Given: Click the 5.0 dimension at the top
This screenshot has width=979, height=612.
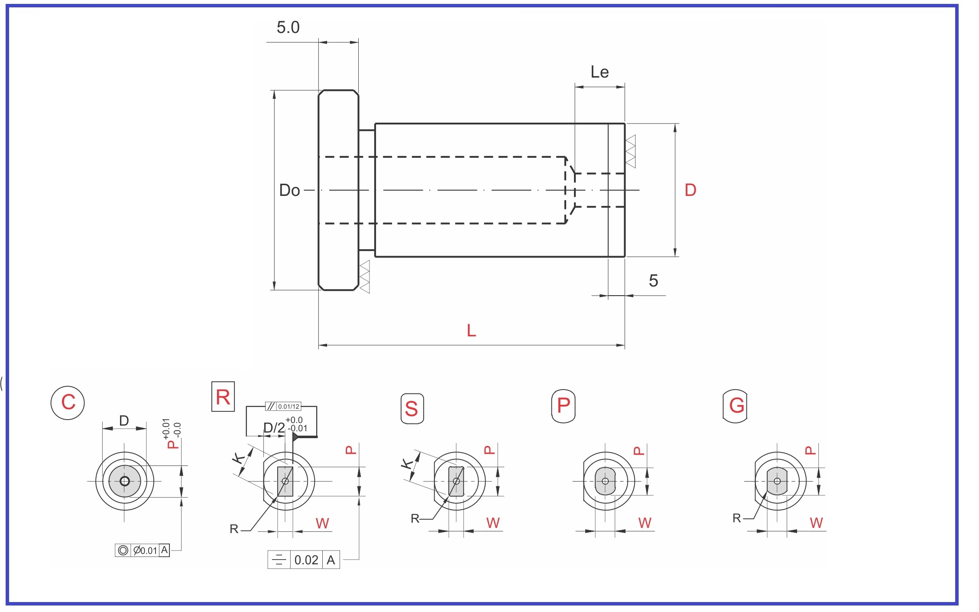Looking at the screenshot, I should click(x=288, y=28).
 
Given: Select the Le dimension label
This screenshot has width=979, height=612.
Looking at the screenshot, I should click(x=600, y=72).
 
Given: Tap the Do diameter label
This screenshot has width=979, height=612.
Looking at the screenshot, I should click(x=289, y=190).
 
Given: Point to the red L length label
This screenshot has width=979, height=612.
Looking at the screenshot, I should click(x=471, y=331).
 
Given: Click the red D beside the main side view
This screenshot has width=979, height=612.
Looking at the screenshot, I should click(x=690, y=190).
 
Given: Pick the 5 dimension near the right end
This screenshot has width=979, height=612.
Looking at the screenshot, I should click(x=653, y=281).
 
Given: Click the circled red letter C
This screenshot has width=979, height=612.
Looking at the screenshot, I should click(x=68, y=402).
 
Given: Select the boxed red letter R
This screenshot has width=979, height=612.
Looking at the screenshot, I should click(x=223, y=397).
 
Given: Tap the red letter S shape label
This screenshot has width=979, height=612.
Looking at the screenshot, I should click(x=412, y=409).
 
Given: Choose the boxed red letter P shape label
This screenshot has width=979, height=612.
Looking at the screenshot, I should click(x=563, y=406).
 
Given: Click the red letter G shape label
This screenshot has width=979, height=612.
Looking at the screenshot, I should click(x=736, y=406).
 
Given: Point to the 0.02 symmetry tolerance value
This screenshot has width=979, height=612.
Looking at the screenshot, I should click(x=306, y=560).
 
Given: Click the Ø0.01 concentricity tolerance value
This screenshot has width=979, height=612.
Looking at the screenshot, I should click(x=145, y=550).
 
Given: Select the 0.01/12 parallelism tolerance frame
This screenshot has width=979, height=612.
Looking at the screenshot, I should click(x=283, y=407).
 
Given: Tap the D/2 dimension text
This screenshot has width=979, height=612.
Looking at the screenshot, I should click(x=274, y=428).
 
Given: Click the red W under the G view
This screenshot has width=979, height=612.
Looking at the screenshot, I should click(x=816, y=523).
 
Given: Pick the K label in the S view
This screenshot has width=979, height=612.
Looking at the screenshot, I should click(x=407, y=464).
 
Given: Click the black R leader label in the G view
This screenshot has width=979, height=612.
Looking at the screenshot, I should click(x=736, y=518).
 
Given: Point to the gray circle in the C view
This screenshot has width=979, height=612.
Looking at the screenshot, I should click(x=125, y=481).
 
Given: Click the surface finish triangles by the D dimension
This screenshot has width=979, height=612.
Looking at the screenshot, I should click(x=631, y=151).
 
